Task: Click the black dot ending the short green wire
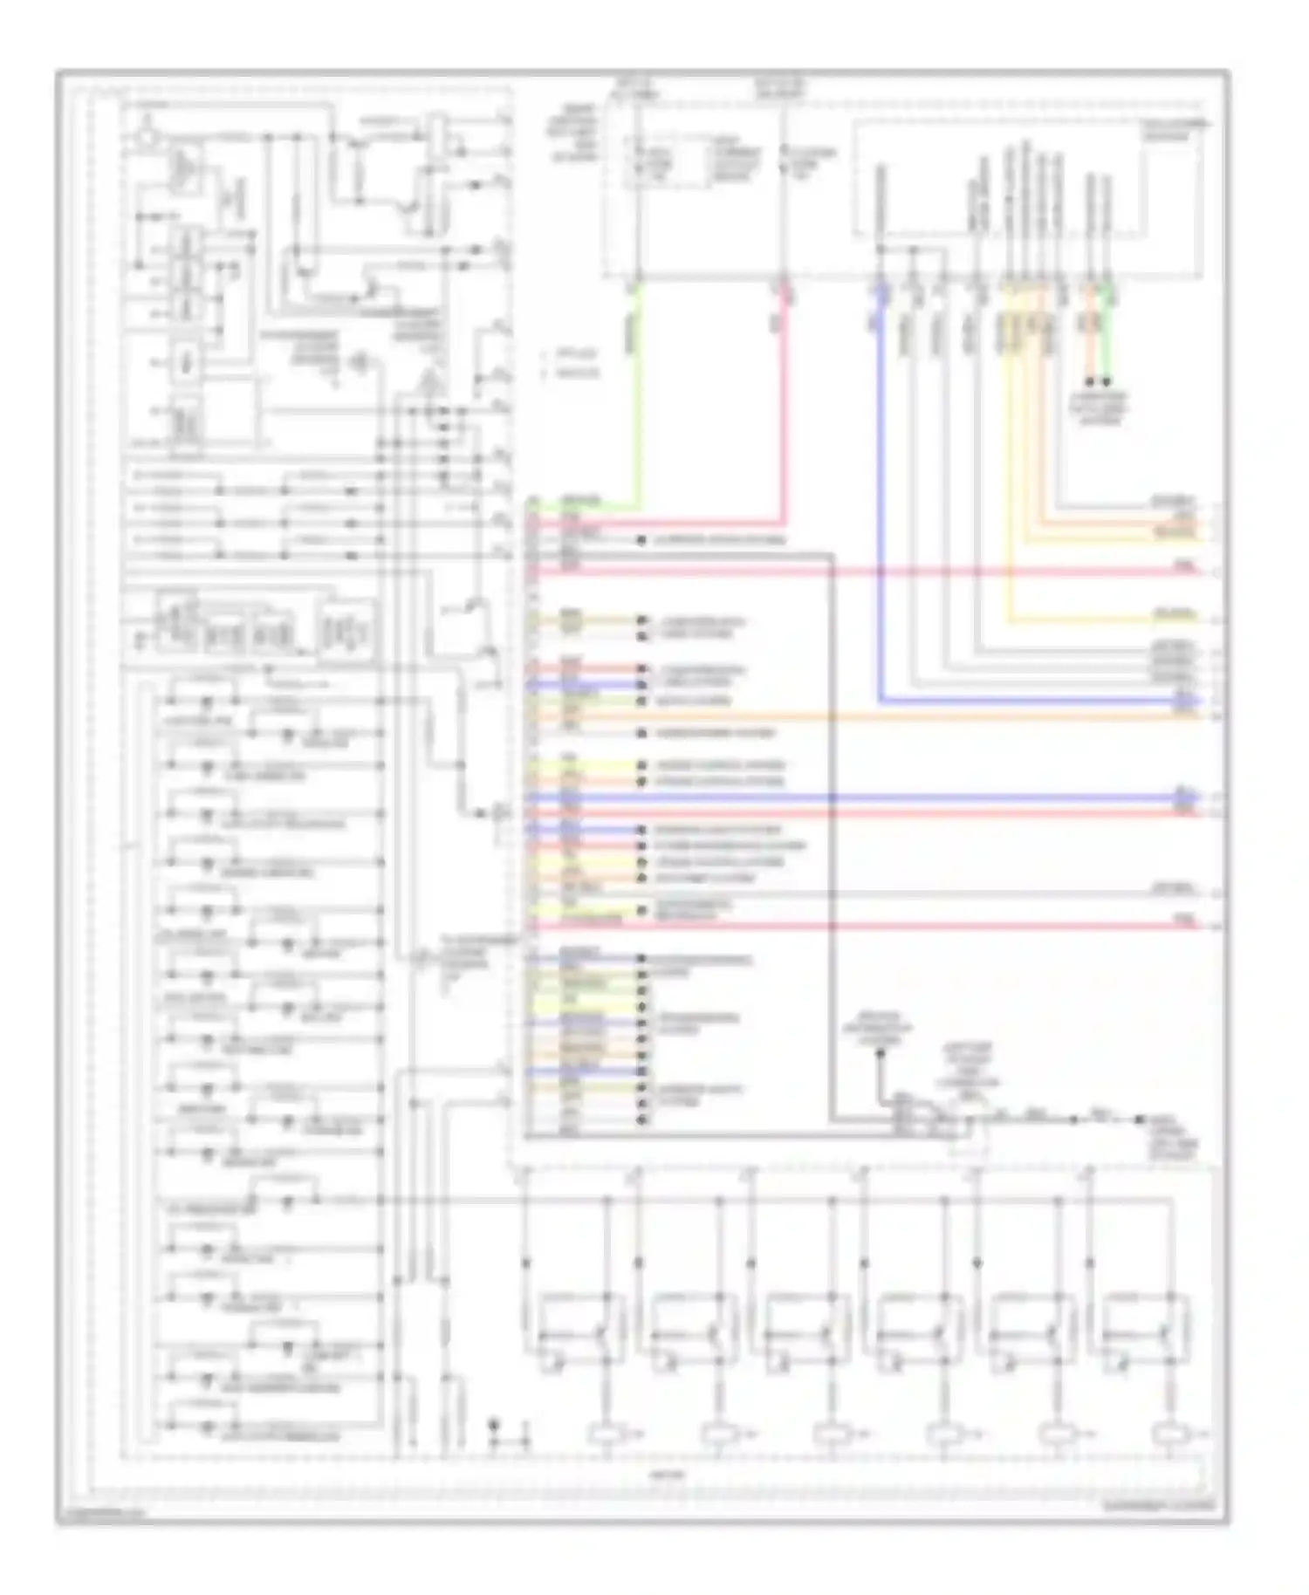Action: click(1107, 382)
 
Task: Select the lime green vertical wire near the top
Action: click(640, 393)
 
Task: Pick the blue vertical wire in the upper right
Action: click(881, 489)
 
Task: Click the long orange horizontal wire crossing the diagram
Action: click(873, 717)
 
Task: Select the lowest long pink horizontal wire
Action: click(873, 925)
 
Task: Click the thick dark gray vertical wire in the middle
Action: click(832, 829)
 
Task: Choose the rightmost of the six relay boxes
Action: click(1144, 1330)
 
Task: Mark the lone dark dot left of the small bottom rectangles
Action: click(494, 1424)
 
